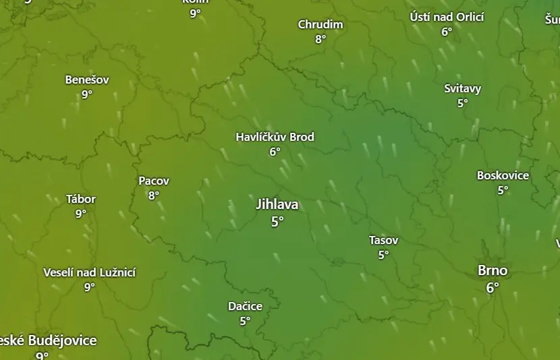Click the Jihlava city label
point(277,204)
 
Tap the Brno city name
point(493,270)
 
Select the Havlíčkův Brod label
point(275,137)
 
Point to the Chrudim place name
point(320,24)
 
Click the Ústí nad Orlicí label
point(447,17)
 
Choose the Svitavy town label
point(462,88)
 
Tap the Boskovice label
point(503,175)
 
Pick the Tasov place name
point(383,240)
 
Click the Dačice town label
point(245,306)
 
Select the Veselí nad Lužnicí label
point(89,272)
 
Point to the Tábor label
point(81,199)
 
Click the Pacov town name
point(154,181)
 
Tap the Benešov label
point(87,80)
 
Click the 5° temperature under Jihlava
point(277,221)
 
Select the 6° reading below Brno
point(493,287)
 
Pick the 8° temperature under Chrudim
point(320,39)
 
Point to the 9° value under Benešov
point(87,94)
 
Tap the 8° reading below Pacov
point(154,196)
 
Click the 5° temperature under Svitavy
point(462,103)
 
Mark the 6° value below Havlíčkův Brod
point(275,152)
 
